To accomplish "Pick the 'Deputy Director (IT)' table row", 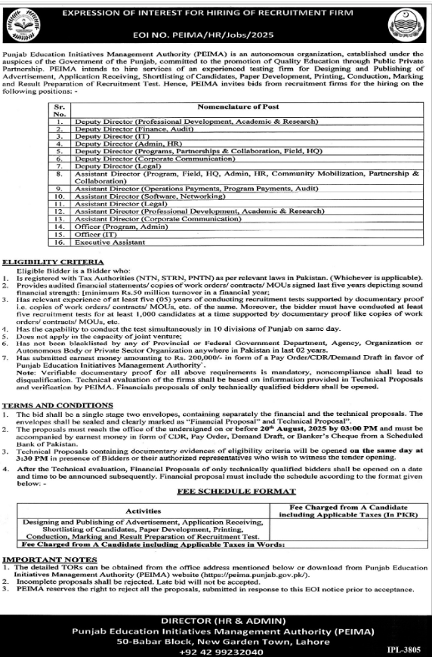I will [x=106, y=136].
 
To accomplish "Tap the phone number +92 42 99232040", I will [x=216, y=652].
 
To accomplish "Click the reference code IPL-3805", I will [x=405, y=649].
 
